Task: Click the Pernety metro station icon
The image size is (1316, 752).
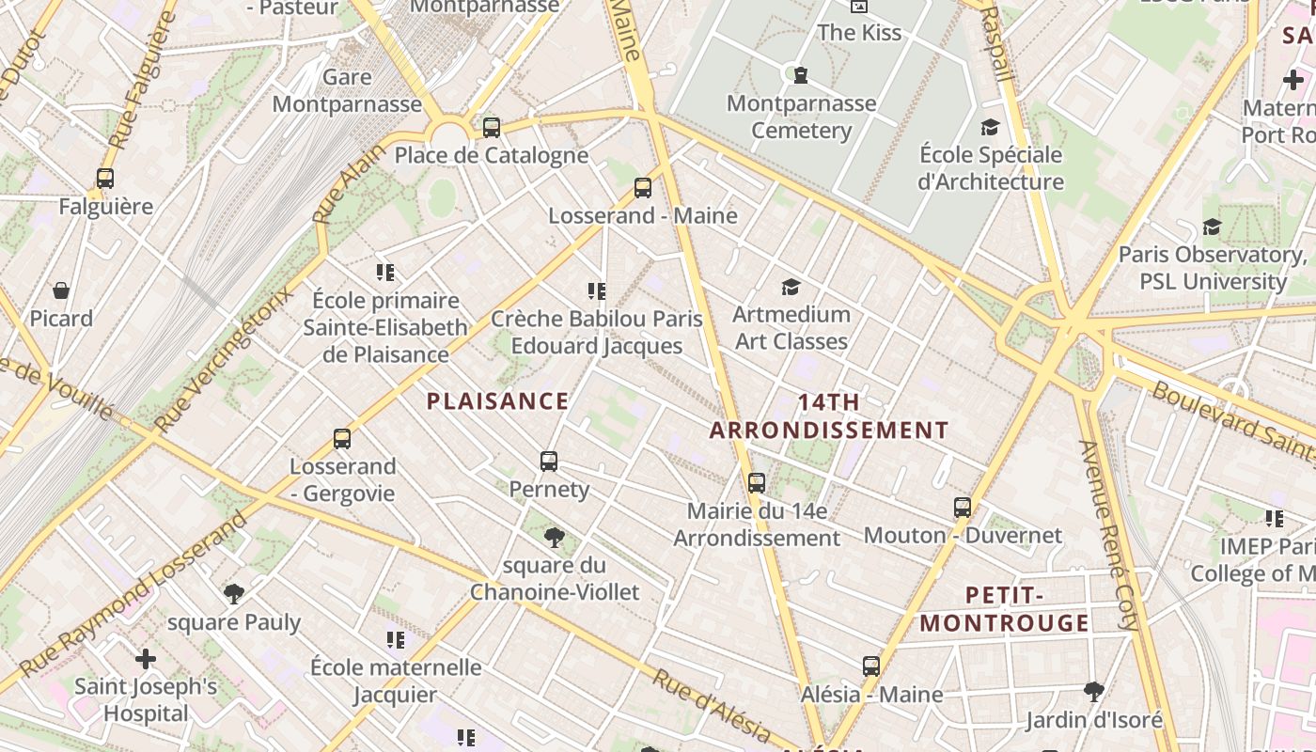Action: (x=549, y=462)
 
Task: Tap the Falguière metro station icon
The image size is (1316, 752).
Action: (x=105, y=179)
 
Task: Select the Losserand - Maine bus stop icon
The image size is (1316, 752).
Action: (x=643, y=188)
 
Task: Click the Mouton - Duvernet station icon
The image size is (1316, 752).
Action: (x=963, y=508)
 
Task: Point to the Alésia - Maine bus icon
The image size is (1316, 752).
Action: (x=871, y=666)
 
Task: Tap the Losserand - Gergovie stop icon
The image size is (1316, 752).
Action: (x=342, y=439)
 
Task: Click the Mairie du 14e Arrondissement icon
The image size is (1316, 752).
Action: (x=757, y=483)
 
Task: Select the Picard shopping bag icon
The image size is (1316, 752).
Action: (x=61, y=290)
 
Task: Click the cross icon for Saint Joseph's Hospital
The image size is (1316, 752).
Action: (x=146, y=659)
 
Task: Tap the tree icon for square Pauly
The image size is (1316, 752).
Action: (x=234, y=594)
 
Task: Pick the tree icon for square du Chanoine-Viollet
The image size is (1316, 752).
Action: (x=555, y=538)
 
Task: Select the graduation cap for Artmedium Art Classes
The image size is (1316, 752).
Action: (x=791, y=287)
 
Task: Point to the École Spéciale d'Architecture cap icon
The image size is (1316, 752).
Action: (x=990, y=127)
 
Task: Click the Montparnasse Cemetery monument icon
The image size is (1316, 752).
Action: (x=801, y=75)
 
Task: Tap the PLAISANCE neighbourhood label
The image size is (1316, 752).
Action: (x=497, y=401)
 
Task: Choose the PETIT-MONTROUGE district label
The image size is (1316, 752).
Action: (x=1004, y=609)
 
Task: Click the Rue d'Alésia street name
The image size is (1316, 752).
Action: (x=712, y=706)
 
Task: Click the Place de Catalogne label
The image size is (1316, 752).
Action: (x=491, y=155)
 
